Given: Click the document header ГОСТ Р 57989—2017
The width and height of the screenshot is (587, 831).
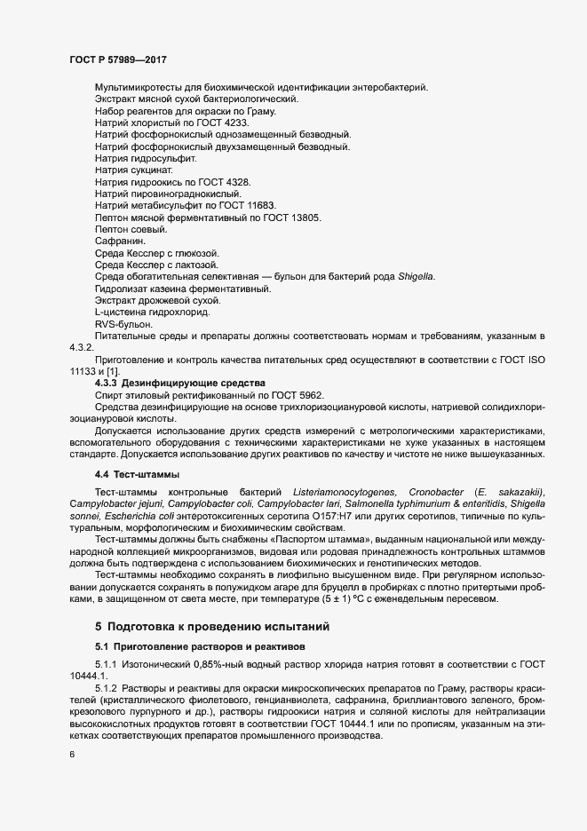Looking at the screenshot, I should click(118, 59).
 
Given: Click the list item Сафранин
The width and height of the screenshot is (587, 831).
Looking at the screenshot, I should click(118, 241).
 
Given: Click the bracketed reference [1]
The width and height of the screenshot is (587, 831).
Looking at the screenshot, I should click(113, 370).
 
